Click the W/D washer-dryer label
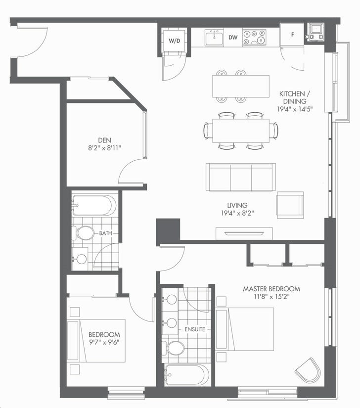pos(174,41)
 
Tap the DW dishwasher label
pos(233,38)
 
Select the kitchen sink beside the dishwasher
pos(214,38)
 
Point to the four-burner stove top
pos(254,38)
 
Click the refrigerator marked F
pos(292,35)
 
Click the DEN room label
pos(104,140)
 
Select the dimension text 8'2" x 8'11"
pos(104,148)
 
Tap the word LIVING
pos(237,205)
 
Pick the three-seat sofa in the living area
pos(241,177)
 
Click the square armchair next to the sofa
pos(290,205)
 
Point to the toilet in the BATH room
pos(83,233)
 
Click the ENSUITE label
pos(195,329)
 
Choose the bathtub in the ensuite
pos(187,375)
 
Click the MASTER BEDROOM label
pos(271,289)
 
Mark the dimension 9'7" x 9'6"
pos(104,342)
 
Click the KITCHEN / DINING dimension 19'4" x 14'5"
pos(295,109)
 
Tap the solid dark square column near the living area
pos(168,230)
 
